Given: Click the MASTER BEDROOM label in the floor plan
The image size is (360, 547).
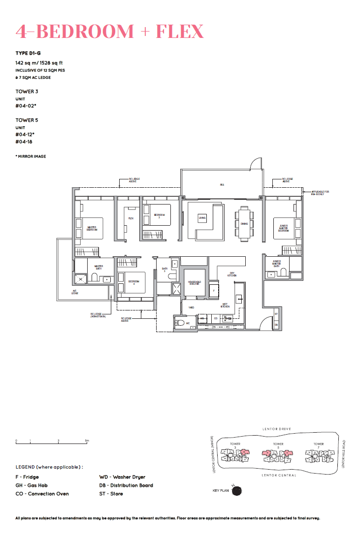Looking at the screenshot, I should click(x=92, y=229).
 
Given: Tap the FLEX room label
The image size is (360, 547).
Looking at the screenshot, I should click(x=131, y=218).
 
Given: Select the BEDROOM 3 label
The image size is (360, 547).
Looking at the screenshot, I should click(x=157, y=215).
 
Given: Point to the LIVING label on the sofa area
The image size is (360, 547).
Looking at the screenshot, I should click(x=202, y=217).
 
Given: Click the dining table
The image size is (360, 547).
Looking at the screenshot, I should click(x=244, y=223).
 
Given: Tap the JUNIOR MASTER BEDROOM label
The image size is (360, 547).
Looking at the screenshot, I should click(x=283, y=227).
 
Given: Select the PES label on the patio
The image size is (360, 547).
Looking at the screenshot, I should click(x=222, y=185).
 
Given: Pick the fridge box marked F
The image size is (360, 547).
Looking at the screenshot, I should click(x=214, y=291).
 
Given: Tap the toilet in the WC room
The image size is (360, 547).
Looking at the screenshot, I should click(x=181, y=324).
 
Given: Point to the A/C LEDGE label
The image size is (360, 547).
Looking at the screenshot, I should click(x=75, y=292).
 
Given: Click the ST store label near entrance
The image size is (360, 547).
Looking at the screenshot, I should click(x=276, y=313).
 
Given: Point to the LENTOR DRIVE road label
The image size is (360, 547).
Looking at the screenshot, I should click(x=278, y=429).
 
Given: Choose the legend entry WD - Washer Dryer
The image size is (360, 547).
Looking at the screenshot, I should click(x=122, y=477).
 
